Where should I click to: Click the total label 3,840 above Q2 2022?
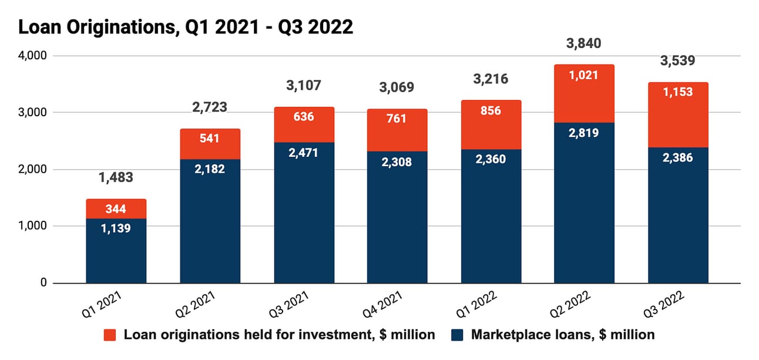[584, 43]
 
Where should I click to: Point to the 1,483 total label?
[116, 177]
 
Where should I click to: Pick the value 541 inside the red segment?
[210, 139]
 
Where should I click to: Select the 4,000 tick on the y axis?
[33, 56]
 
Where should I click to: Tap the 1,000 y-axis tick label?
[33, 226]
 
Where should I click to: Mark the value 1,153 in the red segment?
[677, 92]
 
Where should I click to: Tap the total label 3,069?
[397, 88]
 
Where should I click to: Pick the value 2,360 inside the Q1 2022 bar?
[491, 159]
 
